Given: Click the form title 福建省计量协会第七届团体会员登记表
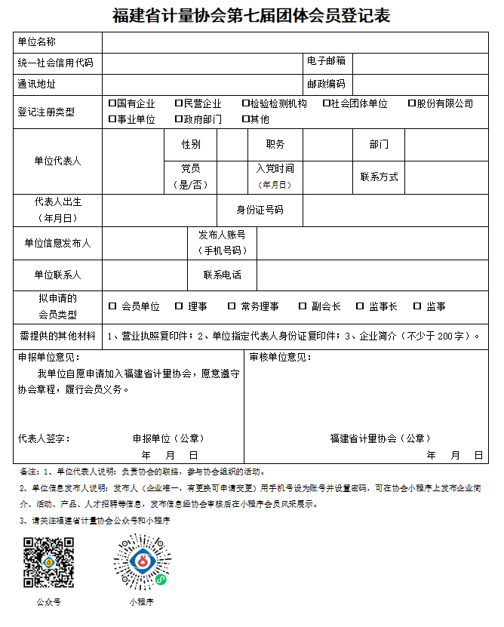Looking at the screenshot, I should [x=251, y=15].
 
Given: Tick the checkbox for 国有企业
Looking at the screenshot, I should [x=112, y=103].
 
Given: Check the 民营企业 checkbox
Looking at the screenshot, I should [x=178, y=103].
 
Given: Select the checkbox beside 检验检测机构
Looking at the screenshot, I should [x=246, y=103].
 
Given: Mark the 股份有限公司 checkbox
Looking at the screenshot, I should [x=412, y=103].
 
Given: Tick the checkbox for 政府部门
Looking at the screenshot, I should [x=178, y=118].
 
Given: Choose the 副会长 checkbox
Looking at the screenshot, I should [x=303, y=306].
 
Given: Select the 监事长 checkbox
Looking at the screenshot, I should [x=360, y=306].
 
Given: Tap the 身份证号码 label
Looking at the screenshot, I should [x=260, y=210].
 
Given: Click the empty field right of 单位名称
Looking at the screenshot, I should [x=294, y=42].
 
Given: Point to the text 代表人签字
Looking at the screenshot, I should [x=44, y=438].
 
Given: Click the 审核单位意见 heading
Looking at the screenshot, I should [x=280, y=356].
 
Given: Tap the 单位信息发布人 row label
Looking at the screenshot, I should [x=57, y=243].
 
